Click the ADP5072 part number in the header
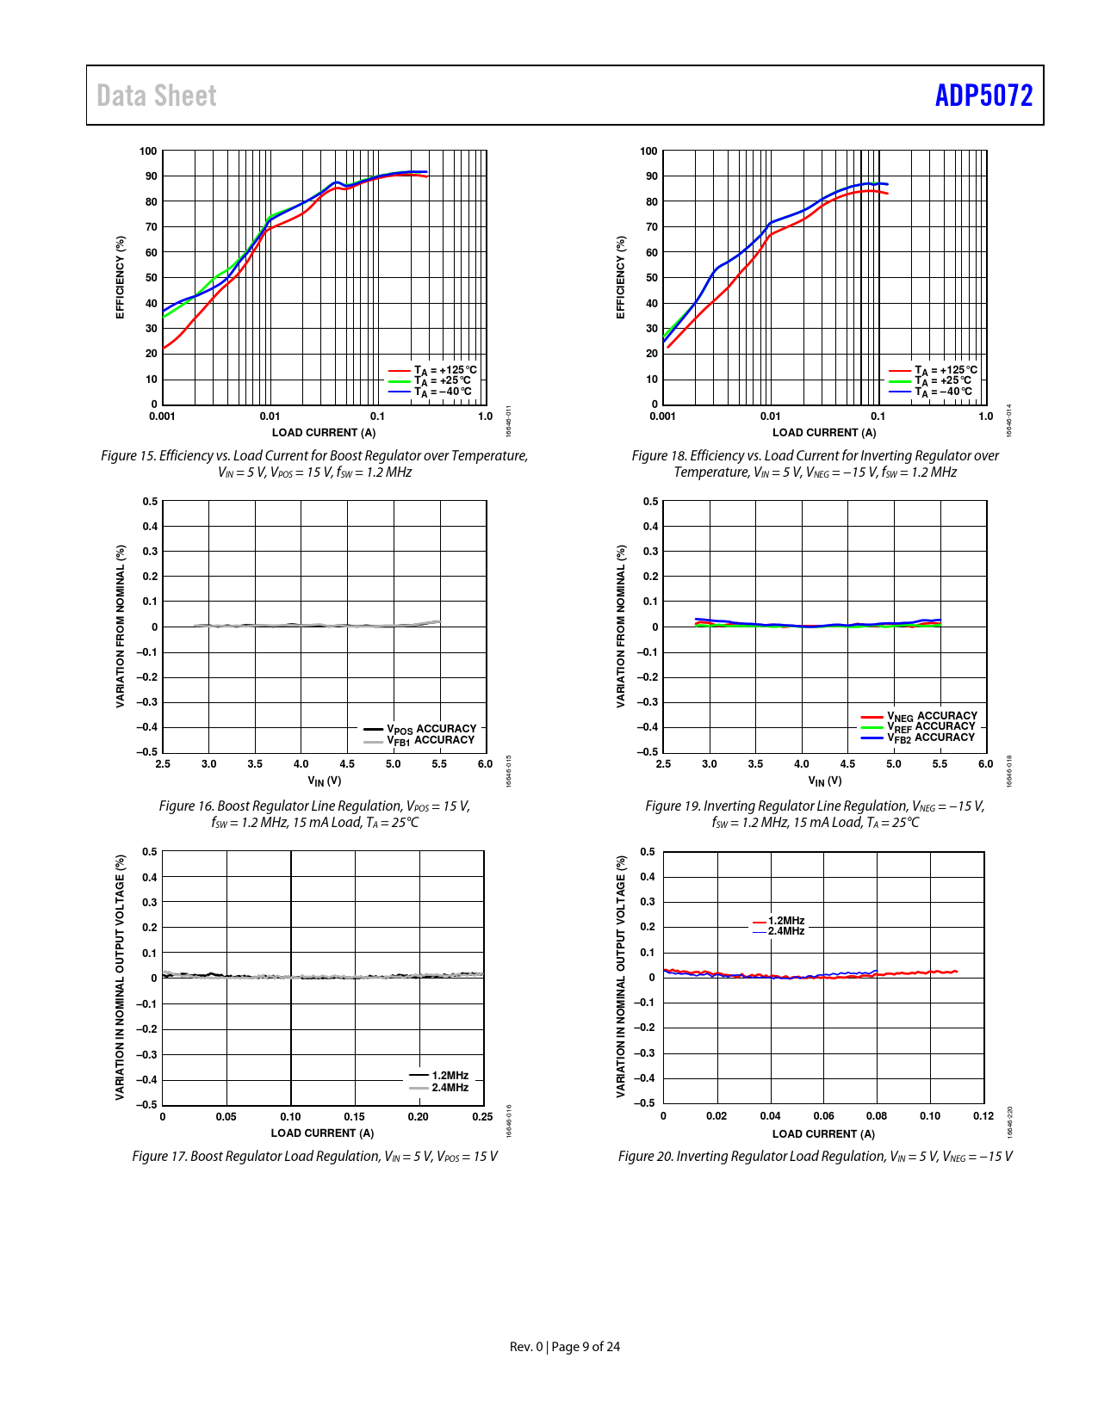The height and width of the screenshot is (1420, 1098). tap(983, 96)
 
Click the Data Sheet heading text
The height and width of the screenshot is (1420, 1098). tap(157, 96)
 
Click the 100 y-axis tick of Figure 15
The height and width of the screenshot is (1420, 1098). tap(148, 151)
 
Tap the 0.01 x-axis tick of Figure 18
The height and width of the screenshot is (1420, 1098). tap(770, 417)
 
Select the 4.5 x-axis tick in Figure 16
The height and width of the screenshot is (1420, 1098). tap(347, 764)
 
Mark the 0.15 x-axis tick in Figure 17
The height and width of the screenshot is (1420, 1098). tap(354, 1117)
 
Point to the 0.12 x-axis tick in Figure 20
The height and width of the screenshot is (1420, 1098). tap(983, 1116)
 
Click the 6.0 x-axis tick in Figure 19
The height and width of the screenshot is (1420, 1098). tap(985, 764)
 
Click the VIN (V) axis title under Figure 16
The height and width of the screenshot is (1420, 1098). tap(325, 781)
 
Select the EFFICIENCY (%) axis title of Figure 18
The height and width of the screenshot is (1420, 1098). tap(620, 277)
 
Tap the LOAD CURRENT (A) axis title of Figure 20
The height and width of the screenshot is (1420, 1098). tap(823, 1134)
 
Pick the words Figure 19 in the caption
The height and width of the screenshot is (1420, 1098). tap(673, 806)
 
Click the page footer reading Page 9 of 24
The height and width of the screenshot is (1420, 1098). tap(586, 1347)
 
